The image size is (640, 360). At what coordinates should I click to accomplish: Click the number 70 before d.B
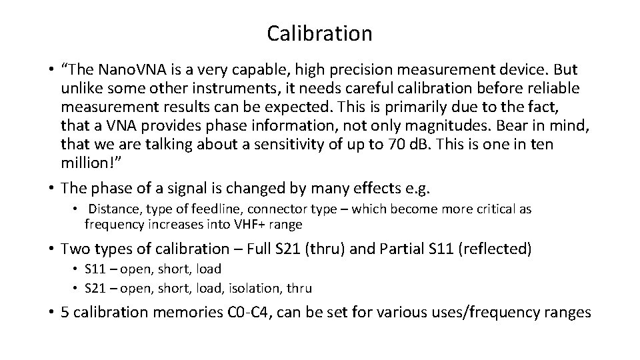396,145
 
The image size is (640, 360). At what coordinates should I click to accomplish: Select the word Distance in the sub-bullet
113,209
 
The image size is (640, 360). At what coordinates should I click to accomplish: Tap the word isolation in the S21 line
249,288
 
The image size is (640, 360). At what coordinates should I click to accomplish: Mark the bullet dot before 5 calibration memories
51,312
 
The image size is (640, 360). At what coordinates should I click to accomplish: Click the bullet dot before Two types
51,249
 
